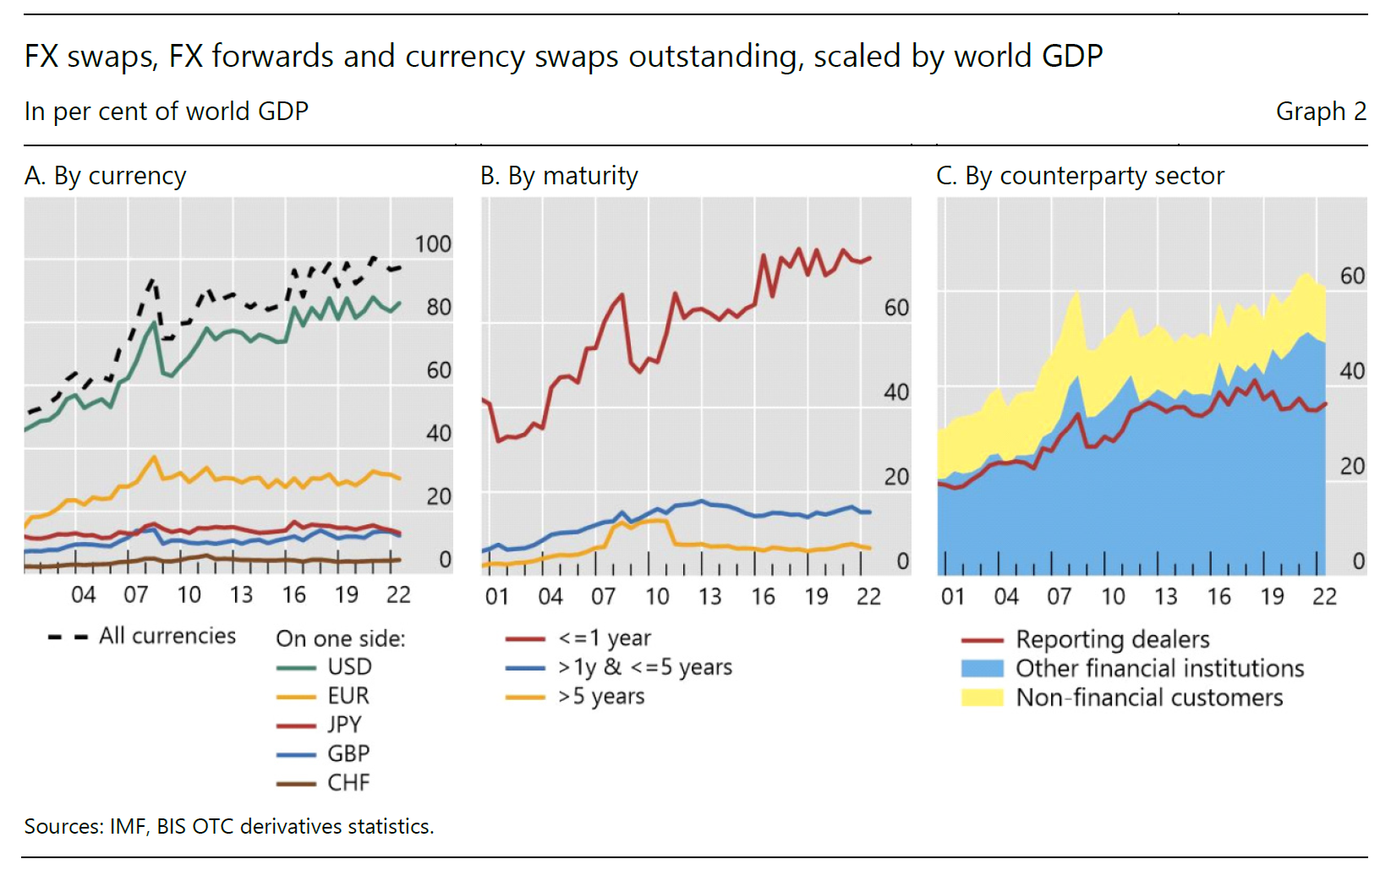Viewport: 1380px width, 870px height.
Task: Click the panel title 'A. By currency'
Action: click(x=105, y=176)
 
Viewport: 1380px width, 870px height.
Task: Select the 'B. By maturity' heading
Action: click(x=559, y=176)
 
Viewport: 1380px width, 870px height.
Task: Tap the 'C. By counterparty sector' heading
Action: click(x=1080, y=176)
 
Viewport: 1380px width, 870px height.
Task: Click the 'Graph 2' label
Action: click(x=1320, y=112)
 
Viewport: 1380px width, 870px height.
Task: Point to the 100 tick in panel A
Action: click(x=433, y=244)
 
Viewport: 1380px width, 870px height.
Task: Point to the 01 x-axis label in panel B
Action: click(x=497, y=597)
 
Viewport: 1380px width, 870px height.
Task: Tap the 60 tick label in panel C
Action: click(x=1352, y=276)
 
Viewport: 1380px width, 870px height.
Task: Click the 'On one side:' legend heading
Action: click(x=340, y=638)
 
